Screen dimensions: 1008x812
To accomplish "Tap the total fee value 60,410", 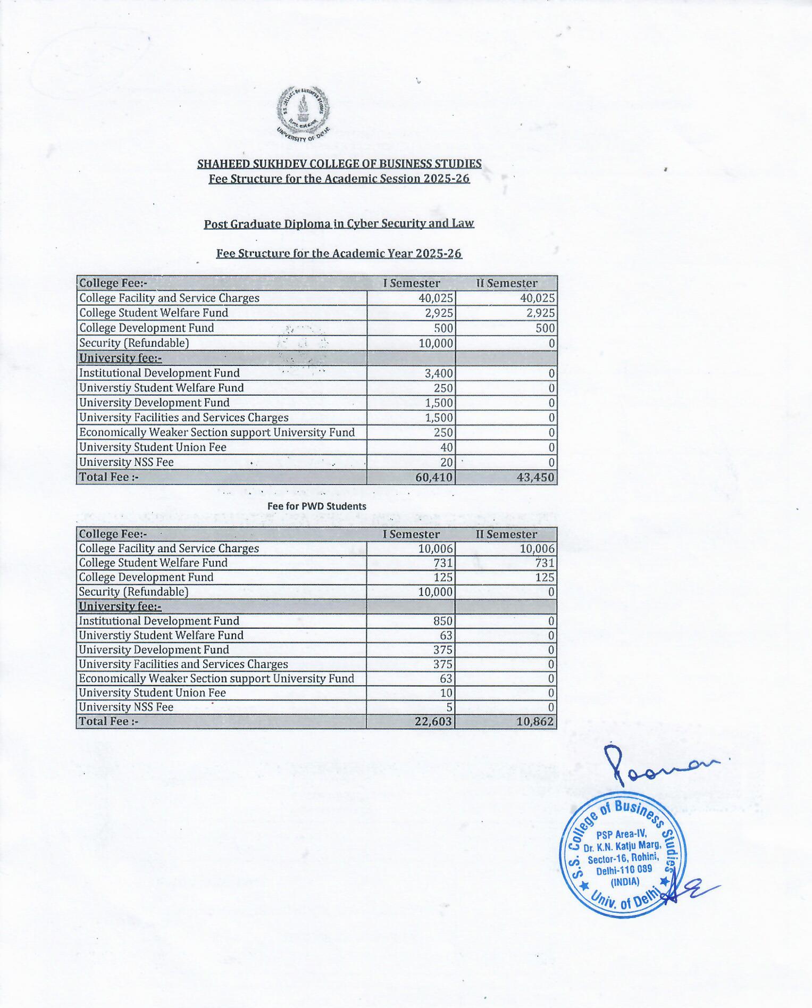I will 434,477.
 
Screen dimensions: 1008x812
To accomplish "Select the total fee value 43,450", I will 535,477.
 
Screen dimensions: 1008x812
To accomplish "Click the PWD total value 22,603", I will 433,721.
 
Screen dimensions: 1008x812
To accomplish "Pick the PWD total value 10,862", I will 535,721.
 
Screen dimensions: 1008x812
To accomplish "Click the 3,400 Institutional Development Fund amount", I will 439,373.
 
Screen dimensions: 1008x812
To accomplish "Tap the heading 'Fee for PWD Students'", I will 317,506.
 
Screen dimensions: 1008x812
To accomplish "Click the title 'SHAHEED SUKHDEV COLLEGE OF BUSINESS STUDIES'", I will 339,164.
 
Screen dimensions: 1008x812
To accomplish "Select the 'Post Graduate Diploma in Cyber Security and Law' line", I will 339,223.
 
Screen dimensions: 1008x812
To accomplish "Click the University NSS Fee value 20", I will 447,462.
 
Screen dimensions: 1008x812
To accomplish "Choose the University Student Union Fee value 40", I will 447,447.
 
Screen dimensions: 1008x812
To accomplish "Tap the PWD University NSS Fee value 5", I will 449,707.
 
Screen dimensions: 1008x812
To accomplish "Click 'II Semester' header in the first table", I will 506,283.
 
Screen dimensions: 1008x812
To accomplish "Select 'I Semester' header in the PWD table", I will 411,534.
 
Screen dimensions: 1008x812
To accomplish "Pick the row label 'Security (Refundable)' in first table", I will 134,343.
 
